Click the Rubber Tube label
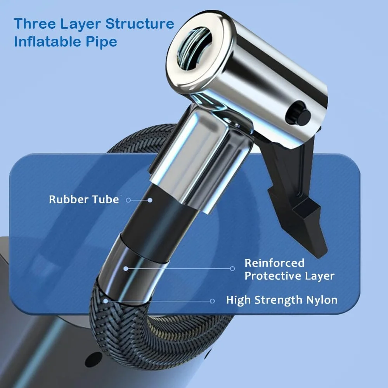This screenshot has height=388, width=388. [83, 199]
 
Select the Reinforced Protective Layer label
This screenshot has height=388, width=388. [289, 269]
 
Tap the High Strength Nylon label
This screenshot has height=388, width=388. [282, 300]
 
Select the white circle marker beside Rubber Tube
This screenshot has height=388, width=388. [128, 200]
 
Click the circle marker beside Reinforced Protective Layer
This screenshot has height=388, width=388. [232, 268]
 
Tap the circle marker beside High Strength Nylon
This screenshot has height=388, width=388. [212, 301]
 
